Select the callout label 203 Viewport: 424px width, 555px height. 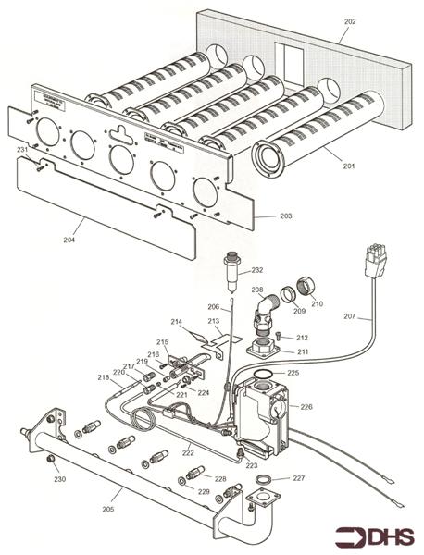[285, 216]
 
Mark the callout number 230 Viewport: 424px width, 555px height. [59, 479]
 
